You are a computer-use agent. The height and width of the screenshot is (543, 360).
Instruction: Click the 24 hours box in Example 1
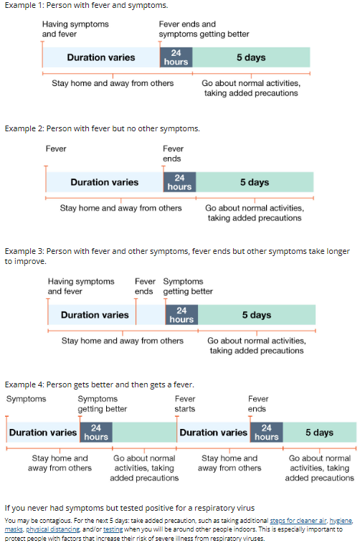(x=176, y=57)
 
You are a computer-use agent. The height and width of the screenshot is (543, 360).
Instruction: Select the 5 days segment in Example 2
(x=255, y=182)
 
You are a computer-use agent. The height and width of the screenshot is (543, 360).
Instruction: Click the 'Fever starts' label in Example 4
(x=185, y=404)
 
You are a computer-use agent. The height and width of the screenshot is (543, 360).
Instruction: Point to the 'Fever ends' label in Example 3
(x=145, y=286)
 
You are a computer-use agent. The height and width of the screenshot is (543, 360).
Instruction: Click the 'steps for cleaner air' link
(x=298, y=521)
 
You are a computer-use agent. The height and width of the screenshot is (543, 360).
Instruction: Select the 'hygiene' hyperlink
(x=341, y=521)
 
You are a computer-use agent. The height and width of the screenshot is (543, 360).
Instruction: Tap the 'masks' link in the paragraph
(x=14, y=529)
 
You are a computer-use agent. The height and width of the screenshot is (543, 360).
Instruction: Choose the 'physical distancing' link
(x=52, y=529)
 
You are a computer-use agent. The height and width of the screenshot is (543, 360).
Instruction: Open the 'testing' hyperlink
(x=113, y=529)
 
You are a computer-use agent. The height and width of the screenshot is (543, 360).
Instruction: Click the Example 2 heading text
(x=102, y=128)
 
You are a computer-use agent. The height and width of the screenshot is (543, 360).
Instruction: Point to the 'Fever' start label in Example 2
(x=56, y=148)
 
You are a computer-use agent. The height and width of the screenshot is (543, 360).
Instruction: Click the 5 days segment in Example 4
(x=320, y=433)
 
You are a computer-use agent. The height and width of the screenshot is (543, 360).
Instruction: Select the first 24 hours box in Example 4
(x=96, y=433)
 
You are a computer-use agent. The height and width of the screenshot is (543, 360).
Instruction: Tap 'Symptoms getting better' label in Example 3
(x=188, y=286)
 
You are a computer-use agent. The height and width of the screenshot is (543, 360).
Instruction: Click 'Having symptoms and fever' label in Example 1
(x=75, y=29)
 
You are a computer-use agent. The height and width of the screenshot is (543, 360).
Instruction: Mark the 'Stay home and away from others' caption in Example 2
(x=120, y=208)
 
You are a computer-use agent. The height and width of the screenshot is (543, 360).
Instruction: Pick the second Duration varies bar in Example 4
(x=213, y=433)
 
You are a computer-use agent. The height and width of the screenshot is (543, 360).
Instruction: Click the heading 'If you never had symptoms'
(x=130, y=508)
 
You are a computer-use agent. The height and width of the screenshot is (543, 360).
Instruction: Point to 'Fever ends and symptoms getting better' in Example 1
(x=204, y=29)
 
